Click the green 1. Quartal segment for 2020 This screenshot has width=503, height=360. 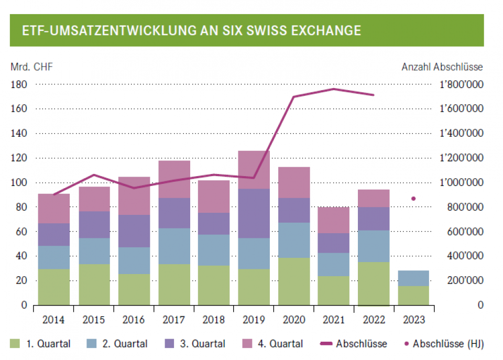coord(294,281)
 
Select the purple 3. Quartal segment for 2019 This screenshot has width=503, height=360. coord(254,213)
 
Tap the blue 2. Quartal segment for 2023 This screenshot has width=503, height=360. coord(413,278)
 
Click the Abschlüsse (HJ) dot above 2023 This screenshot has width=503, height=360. coord(413,199)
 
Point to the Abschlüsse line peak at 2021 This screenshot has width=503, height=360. coord(334,89)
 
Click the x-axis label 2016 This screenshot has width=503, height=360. coord(134,320)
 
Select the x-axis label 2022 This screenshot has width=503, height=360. coord(374,320)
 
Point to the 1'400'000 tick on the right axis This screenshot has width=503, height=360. coord(461,134)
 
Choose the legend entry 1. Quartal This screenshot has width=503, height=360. coord(40,344)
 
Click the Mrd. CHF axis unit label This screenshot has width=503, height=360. coord(31,67)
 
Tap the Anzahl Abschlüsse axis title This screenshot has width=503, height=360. coord(442,67)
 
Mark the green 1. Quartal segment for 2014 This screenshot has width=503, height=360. coord(54,287)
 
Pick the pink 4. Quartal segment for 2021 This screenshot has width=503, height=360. coord(334,220)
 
